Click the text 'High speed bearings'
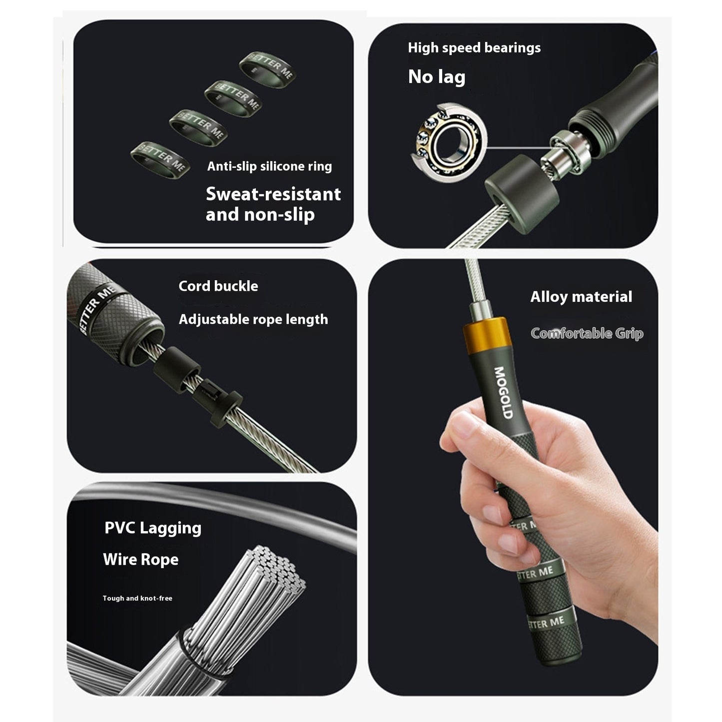coord(474,48)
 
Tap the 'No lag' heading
coord(436,77)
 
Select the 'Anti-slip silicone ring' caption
coord(269,166)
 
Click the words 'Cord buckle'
coord(218,286)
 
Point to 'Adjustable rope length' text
coord(253,319)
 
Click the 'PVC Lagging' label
coord(153,528)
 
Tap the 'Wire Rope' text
coord(140,560)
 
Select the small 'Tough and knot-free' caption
coord(137,598)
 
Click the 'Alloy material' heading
coord(581,297)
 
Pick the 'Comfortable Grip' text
coord(587,333)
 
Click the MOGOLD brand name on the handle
coord(503,393)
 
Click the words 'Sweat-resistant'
coord(273,194)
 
